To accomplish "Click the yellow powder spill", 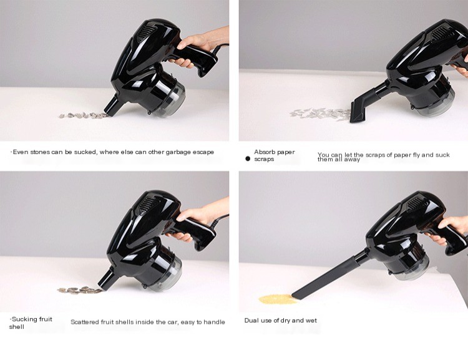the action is point(278,299).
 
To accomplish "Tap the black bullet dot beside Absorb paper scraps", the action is point(248,159).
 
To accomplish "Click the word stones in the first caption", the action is point(40,152).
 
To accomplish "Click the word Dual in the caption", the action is point(251,320).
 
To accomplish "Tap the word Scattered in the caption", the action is point(85,322).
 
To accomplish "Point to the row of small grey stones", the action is point(82,115).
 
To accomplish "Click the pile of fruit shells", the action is point(79,289).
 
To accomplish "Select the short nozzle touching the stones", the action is point(110,105).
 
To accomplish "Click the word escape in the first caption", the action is point(203,152).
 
